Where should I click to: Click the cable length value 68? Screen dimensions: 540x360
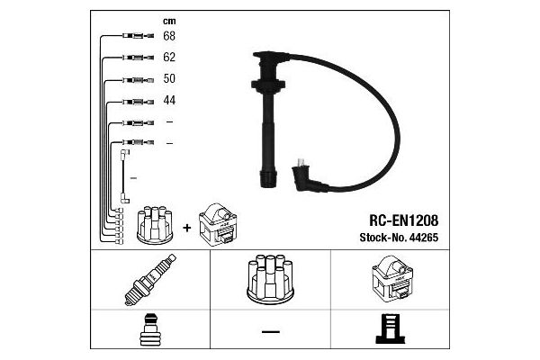[x=169, y=36]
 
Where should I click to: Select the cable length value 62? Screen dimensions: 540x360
[x=169, y=58]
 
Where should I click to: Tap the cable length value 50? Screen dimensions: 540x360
[x=169, y=78]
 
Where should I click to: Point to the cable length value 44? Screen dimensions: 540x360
[x=169, y=100]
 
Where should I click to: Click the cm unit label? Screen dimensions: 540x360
[x=169, y=22]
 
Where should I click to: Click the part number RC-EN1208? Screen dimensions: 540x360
[x=403, y=220]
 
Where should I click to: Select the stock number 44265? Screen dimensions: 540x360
[x=423, y=238]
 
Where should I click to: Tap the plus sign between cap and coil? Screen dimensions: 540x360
[x=186, y=228]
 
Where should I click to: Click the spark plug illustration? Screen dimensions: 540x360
[x=150, y=280]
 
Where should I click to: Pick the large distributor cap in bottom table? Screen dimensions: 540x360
[x=270, y=279]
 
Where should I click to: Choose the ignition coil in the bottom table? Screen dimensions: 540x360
[x=392, y=279]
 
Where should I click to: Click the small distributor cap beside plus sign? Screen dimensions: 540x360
[x=155, y=225]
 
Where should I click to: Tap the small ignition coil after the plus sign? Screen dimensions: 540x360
[x=218, y=225]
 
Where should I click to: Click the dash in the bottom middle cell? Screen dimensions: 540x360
[x=271, y=332]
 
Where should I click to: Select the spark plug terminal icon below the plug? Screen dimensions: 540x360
[x=149, y=329]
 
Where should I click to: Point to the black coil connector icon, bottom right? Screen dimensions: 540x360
[x=391, y=329]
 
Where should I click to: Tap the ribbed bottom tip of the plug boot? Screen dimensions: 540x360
[x=268, y=178]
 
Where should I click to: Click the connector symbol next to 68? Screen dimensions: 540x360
[x=138, y=35]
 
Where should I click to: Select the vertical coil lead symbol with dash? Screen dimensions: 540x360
[x=125, y=176]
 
